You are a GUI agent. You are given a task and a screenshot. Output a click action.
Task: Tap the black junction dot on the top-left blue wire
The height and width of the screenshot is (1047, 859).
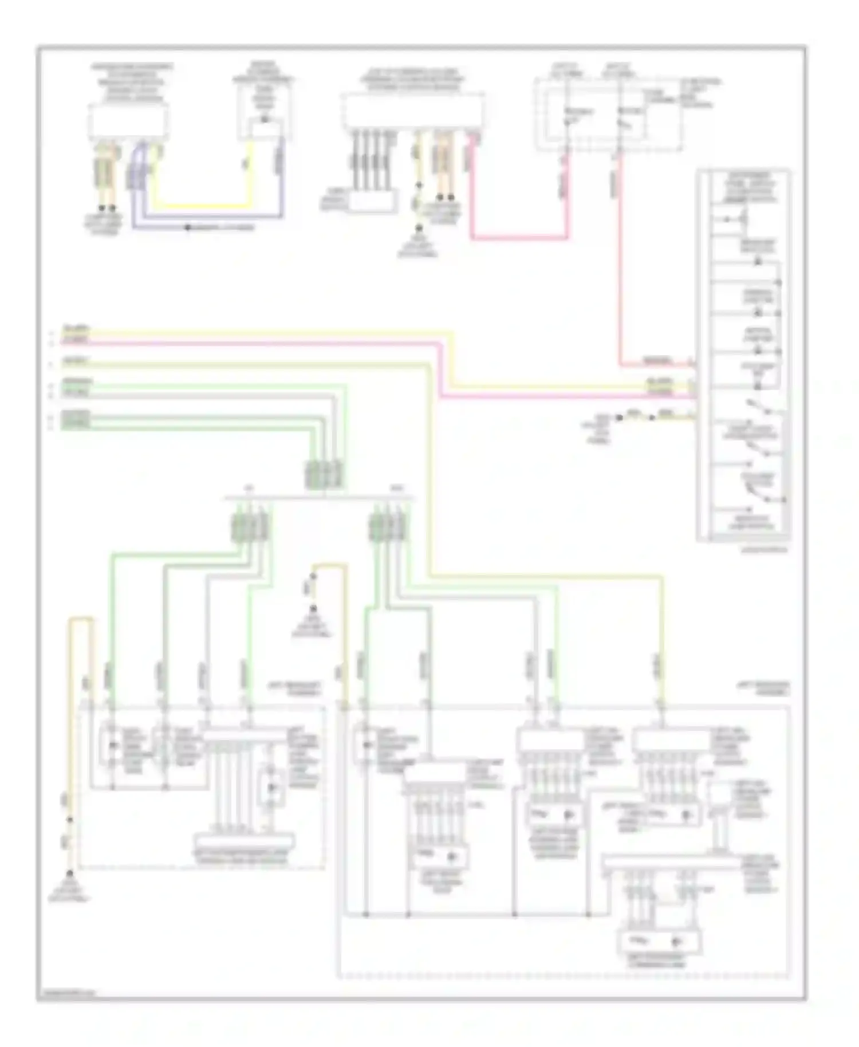[x=187, y=228]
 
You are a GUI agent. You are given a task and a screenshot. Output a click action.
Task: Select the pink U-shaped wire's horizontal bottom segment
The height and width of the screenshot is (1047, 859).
[x=518, y=237]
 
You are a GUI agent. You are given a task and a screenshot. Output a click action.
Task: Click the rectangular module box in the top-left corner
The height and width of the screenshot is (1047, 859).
[x=128, y=121]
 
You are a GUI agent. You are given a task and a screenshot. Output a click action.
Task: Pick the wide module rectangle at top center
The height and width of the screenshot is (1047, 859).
[x=412, y=111]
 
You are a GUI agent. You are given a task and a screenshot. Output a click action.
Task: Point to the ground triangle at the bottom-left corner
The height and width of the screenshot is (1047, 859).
[x=69, y=874]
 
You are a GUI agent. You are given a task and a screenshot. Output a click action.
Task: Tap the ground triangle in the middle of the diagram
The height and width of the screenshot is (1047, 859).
[x=313, y=609]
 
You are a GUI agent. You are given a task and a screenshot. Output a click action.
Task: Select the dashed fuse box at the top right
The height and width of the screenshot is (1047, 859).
[x=608, y=115]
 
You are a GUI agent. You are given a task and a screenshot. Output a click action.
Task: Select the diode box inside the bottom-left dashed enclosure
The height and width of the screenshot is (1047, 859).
[x=271, y=788]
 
